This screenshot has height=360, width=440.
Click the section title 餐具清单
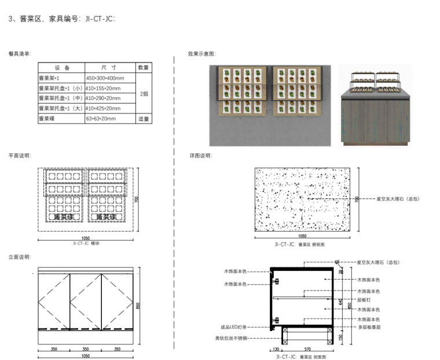point(20,54)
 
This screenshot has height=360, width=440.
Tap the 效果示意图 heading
point(201,54)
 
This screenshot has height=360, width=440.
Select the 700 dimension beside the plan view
point(137,199)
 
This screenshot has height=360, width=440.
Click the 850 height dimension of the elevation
point(138,307)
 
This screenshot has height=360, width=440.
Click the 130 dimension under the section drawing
point(276,350)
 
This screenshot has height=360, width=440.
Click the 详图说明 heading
point(200,156)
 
